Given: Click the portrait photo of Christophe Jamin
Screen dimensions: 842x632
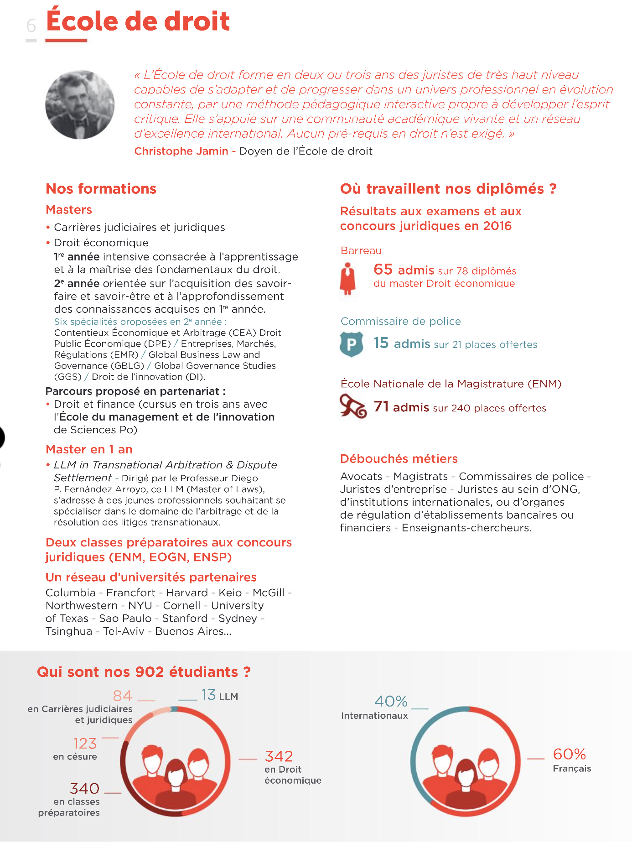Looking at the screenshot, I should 80,104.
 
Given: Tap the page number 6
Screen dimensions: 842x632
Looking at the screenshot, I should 31,26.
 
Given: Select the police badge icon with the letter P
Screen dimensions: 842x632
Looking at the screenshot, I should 352,344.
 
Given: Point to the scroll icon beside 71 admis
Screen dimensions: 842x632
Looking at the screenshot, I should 353,406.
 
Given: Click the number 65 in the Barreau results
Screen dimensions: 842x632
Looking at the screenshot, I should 383,269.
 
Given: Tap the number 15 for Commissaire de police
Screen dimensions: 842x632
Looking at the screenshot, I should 381,343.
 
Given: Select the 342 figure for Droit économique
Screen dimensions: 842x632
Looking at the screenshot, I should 279,756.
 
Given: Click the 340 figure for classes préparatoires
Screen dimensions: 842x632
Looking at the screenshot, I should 84,788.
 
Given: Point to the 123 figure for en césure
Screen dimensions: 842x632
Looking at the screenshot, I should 85,743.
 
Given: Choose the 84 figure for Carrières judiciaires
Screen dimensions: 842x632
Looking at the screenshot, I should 122,696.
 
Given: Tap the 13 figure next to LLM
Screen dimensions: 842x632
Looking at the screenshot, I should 208,695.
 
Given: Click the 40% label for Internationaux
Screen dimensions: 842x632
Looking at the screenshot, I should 391,701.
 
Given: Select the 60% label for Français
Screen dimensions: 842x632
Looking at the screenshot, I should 569,754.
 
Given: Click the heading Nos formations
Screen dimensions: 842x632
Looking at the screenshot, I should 101,189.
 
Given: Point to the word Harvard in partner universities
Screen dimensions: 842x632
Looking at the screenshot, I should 187,593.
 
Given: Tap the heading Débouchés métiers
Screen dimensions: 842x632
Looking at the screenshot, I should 399,458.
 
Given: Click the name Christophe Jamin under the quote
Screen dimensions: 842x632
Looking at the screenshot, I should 181,151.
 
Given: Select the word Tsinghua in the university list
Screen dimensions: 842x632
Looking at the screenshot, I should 69,631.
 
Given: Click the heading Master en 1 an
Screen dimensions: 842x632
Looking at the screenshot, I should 89,449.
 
